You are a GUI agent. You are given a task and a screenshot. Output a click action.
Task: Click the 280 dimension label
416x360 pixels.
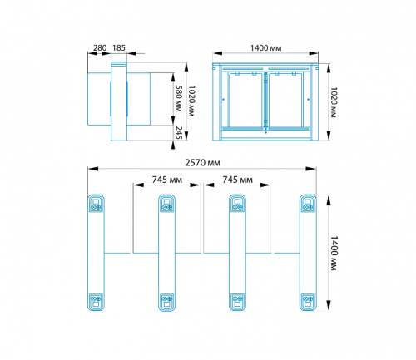click(x=100, y=48)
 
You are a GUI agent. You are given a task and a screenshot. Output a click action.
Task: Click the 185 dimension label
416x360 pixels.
click(x=119, y=48)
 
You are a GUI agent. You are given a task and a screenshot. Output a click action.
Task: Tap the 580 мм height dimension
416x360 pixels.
click(x=178, y=99)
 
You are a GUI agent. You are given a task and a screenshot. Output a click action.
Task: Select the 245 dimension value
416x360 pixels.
click(x=179, y=133)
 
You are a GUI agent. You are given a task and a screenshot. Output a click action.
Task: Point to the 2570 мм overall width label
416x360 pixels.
click(x=203, y=163)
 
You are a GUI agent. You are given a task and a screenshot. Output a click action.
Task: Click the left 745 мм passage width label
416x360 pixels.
click(x=167, y=180)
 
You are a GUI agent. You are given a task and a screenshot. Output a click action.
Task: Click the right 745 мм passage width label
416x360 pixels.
click(x=237, y=180)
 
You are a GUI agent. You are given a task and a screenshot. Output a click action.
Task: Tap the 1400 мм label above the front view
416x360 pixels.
click(x=265, y=48)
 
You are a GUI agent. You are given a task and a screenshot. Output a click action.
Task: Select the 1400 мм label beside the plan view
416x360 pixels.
click(x=334, y=254)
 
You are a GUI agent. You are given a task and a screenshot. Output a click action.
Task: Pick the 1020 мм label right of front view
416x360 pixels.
click(x=334, y=102)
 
